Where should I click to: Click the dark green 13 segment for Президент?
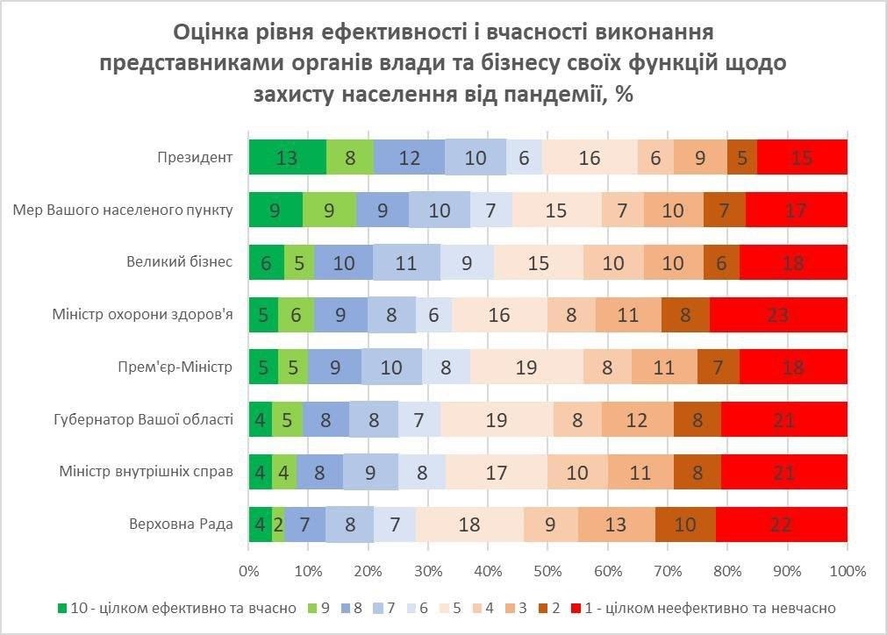287,157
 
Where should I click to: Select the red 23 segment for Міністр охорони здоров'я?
778,315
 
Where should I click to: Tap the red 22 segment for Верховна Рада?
781,524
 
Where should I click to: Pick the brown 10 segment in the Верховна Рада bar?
685,524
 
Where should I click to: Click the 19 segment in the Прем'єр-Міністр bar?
526,367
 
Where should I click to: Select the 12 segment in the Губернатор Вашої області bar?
637,419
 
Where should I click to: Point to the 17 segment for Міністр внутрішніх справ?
497,472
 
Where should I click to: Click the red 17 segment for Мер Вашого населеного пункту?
796,210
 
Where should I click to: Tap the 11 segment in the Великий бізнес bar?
406,262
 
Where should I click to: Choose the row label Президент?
195,158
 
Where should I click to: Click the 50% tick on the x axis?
548,571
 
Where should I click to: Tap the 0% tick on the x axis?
249,571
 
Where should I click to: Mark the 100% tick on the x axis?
847,571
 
